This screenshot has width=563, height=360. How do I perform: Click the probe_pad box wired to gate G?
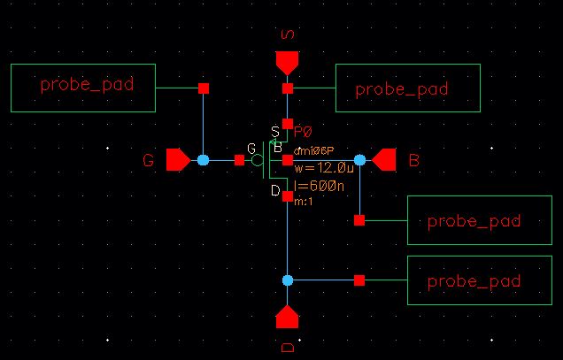tap(82, 88)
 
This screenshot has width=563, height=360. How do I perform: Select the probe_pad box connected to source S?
tap(407, 88)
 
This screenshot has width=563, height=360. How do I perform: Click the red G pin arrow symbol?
tap(178, 160)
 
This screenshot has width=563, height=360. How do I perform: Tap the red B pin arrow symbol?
tap(383, 160)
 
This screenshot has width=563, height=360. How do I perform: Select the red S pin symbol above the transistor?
tap(288, 63)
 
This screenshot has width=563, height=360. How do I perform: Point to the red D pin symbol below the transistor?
tap(288, 316)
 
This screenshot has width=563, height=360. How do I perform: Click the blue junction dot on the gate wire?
tap(203, 160)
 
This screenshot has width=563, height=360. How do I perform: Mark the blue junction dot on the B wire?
tap(359, 160)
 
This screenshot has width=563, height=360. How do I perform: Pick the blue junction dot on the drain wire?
tap(288, 280)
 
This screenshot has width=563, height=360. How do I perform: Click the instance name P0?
tap(304, 132)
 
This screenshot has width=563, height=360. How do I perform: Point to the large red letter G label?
tap(149, 161)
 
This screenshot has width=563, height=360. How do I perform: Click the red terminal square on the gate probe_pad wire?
tap(204, 88)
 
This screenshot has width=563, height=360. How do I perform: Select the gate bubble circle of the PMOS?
tap(257, 160)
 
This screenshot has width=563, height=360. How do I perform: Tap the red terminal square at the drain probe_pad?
tap(359, 280)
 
